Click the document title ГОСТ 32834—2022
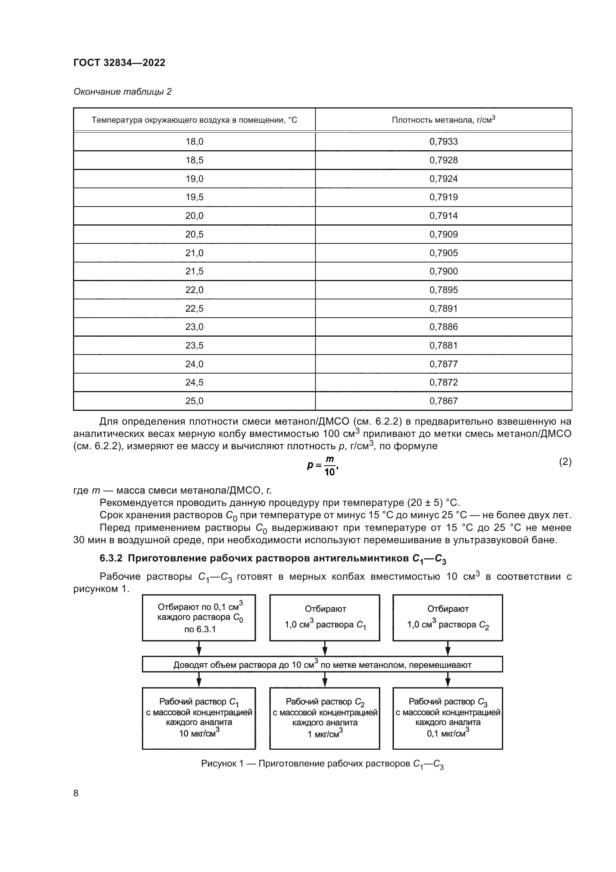pos(119,63)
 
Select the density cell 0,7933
pos(444,142)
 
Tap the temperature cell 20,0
pos(194,216)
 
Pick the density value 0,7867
pos(444,401)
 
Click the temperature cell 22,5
pos(194,308)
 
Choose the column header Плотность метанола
pos(444,120)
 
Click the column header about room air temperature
pos(194,120)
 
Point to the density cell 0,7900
pos(444,271)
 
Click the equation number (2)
pos(565,462)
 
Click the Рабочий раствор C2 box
pos(325,717)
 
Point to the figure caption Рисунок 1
pos(323,764)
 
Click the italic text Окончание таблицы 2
pos(122,92)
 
